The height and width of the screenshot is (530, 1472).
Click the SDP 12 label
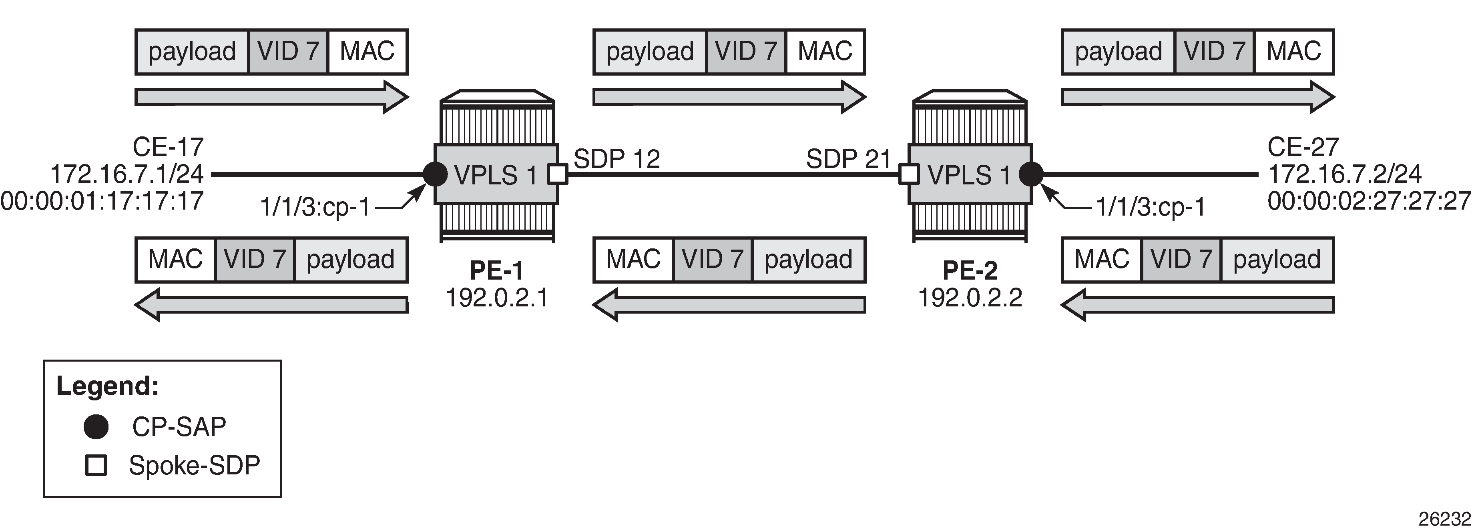[617, 159]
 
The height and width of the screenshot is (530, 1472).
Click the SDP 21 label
[849, 159]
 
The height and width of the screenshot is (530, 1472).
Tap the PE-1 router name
[496, 270]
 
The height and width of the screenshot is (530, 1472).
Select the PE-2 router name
[970, 270]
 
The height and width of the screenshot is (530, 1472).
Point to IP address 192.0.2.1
[496, 298]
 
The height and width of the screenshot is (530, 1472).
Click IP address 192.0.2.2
[970, 298]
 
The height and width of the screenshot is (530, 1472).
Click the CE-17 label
[168, 147]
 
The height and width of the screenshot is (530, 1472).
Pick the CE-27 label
[1303, 147]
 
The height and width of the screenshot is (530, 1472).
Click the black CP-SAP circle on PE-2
[1031, 174]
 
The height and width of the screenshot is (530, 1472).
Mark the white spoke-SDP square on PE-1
[558, 174]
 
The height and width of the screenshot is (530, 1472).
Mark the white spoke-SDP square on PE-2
[909, 174]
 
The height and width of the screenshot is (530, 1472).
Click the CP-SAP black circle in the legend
[96, 427]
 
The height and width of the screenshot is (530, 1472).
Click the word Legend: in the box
[107, 386]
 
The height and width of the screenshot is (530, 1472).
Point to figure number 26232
[1444, 518]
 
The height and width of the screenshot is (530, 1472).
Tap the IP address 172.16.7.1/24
[127, 174]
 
